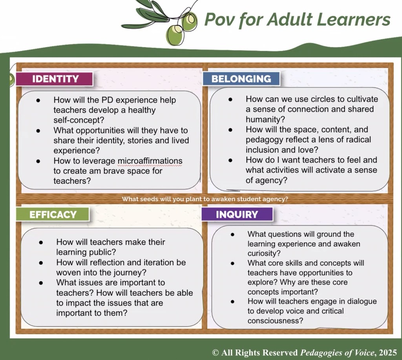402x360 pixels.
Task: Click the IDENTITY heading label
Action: [54, 79]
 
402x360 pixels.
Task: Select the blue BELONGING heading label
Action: [241, 78]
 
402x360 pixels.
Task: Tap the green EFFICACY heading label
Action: [53, 214]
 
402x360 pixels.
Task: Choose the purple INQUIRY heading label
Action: [237, 214]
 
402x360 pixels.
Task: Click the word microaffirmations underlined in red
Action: [150, 161]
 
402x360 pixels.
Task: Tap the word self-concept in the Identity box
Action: [79, 120]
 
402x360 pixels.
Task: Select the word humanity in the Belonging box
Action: [265, 120]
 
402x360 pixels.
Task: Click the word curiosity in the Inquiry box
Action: [264, 253]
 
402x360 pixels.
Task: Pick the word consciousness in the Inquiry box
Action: [275, 321]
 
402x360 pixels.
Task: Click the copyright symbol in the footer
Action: [216, 353]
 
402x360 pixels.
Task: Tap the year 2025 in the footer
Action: [388, 353]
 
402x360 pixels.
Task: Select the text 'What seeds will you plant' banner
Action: [205, 199]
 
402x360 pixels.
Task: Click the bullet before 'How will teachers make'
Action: [41, 242]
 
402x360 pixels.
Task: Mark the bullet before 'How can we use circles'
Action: [230, 99]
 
